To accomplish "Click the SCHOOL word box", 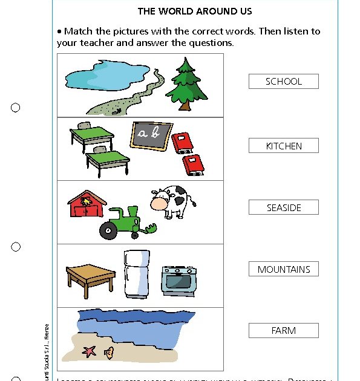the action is point(283,82).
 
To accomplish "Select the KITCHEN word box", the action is point(283,146).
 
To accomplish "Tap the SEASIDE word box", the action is point(283,207).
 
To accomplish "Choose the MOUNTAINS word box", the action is point(283,269).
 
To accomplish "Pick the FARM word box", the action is point(283,331).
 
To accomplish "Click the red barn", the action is point(85,205).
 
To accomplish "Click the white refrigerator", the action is point(136,275).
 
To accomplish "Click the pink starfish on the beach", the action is point(90,351).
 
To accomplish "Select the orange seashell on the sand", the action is point(108,353).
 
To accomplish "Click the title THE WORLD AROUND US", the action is point(195,11).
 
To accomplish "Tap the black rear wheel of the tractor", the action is point(109,230).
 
